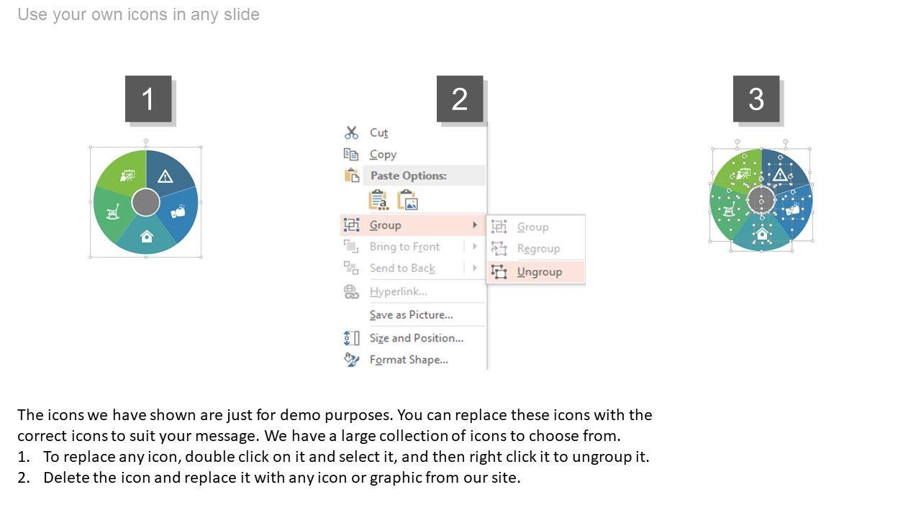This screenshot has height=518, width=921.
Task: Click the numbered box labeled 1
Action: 148,99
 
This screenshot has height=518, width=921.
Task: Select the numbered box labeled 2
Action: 460,99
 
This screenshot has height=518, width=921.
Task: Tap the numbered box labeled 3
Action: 756,99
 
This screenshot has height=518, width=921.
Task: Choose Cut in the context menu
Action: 378,133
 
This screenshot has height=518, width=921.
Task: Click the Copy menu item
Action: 384,154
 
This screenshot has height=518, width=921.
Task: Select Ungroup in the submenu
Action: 540,272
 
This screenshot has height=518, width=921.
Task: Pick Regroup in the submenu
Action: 539,248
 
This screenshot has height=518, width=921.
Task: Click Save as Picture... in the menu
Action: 411,315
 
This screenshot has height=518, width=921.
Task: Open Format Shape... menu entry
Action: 409,360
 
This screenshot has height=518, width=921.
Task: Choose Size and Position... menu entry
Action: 417,338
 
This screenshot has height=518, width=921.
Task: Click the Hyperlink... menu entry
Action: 398,291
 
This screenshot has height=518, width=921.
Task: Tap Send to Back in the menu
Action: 402,268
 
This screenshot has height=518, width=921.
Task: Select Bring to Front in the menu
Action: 404,247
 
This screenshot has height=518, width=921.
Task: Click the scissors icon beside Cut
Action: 351,133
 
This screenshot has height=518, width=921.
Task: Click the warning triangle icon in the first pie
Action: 165,176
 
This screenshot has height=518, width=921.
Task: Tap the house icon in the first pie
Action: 146,237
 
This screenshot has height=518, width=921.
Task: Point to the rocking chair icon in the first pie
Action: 113,212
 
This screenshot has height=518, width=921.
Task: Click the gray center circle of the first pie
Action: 145,202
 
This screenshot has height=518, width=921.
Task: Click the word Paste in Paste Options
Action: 384,176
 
